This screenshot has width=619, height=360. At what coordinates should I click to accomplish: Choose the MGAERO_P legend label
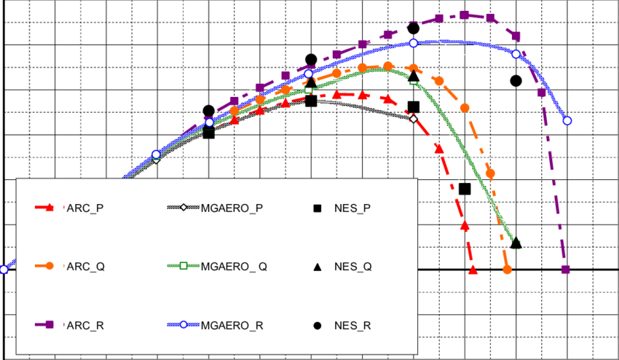[x=232, y=208]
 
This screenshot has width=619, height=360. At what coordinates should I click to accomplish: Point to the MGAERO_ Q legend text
[x=234, y=266]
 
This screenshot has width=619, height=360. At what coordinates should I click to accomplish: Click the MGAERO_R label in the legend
[x=232, y=325]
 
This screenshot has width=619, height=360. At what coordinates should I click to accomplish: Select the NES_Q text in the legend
[x=353, y=266]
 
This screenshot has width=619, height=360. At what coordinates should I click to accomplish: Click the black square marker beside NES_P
[x=318, y=208]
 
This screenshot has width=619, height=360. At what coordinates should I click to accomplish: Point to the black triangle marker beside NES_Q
[x=318, y=267]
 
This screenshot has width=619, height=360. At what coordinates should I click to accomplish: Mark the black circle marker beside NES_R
[x=318, y=325]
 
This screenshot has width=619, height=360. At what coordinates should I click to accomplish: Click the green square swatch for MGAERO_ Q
[x=184, y=266]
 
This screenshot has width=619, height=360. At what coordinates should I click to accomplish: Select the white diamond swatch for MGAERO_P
[x=184, y=208]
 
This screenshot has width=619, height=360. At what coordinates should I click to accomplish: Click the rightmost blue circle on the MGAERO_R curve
[x=567, y=120]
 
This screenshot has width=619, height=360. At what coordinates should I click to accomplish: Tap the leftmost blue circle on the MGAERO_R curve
[x=4, y=270]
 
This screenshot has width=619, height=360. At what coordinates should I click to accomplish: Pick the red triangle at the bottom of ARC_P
[x=473, y=270]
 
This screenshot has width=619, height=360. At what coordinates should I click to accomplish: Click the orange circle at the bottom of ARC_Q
[x=508, y=270]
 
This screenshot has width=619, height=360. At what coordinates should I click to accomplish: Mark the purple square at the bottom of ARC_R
[x=565, y=270]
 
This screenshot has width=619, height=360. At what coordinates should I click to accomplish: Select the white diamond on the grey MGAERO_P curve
[x=413, y=118]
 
